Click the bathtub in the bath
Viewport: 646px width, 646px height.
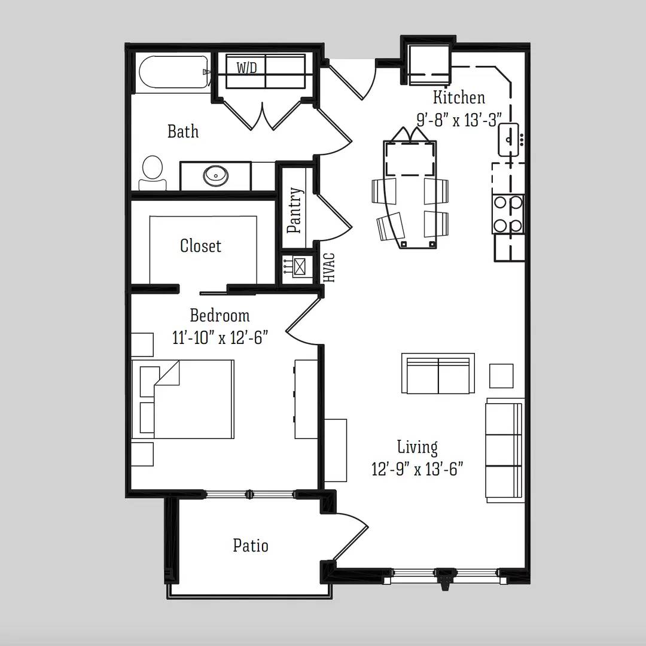[173, 72]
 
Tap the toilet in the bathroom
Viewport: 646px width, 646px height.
[153, 173]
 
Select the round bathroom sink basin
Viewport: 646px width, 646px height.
[215, 175]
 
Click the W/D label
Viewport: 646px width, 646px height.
[247, 68]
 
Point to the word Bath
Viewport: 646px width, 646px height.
[183, 132]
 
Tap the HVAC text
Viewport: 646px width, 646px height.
[330, 268]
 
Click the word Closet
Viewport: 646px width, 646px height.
[200, 246]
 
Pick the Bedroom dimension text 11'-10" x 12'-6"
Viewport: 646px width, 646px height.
[220, 338]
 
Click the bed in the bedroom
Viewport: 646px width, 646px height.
[183, 399]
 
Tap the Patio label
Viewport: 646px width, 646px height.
[251, 546]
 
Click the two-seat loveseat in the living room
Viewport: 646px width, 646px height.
[438, 373]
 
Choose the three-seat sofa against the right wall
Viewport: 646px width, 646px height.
[505, 450]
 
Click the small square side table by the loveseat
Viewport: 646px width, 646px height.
[501, 376]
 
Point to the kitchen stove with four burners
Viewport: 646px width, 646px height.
[508, 214]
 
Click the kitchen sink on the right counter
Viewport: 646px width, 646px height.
[509, 139]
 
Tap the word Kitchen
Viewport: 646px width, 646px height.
[459, 97]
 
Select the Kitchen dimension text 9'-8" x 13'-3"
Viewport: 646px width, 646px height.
[459, 120]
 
